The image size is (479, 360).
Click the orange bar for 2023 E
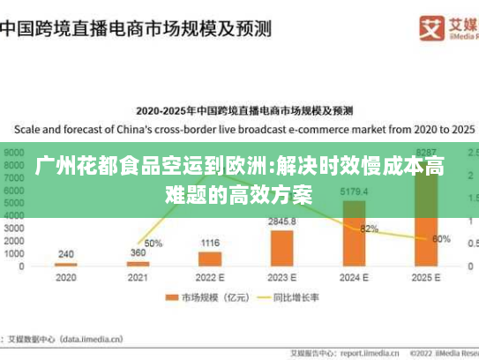pyautogui.click(x=282, y=248)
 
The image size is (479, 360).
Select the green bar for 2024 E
pyautogui.click(x=355, y=233)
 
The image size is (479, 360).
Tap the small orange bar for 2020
pyautogui.click(x=65, y=264)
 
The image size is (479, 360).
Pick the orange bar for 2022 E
pyautogui.click(x=210, y=259)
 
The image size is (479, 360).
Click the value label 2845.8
pyautogui.click(x=282, y=221)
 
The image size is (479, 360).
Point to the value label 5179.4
pyautogui.click(x=354, y=191)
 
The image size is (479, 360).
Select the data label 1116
pyautogui.click(x=210, y=243)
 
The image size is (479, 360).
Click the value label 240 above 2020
pyautogui.click(x=65, y=253)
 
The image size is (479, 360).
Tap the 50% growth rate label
pyautogui.click(x=153, y=243)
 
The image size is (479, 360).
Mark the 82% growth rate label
pyautogui.click(x=369, y=229)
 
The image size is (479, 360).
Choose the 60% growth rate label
pyautogui.click(x=441, y=238)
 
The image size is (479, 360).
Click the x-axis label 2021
pyautogui.click(x=138, y=277)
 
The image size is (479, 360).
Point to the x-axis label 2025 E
pyautogui.click(x=426, y=277)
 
